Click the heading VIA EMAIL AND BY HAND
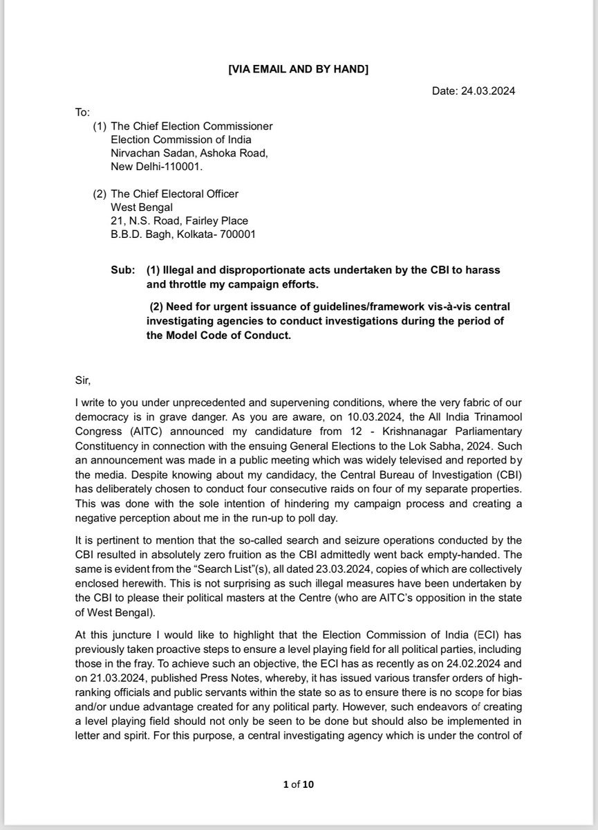pos(299,69)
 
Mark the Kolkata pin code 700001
pos(238,234)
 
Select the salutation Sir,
pos(82,379)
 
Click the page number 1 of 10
pos(299,784)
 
